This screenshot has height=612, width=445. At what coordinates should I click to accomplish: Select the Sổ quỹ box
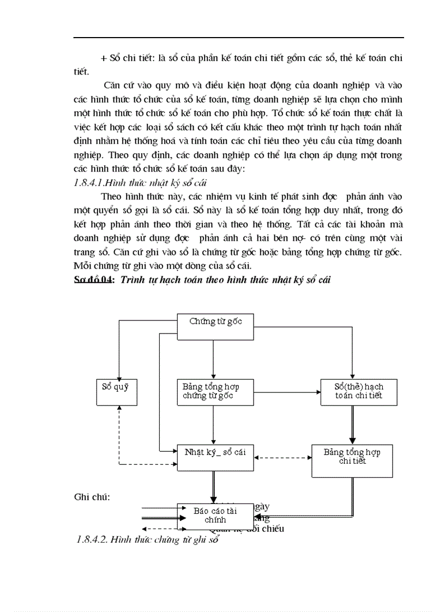tap(116, 391)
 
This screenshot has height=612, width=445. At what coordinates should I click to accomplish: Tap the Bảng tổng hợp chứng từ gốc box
tap(215, 391)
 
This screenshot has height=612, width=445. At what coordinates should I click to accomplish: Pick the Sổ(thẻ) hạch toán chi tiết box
tap(358, 391)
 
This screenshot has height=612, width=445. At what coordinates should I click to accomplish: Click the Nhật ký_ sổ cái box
tap(215, 457)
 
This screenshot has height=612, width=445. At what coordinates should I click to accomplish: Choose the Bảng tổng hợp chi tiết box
tap(352, 461)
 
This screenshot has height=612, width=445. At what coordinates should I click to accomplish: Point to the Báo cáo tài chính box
tap(215, 516)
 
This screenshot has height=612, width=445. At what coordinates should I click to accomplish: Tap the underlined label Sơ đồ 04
tap(94, 280)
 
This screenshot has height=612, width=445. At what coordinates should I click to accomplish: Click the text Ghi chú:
tap(92, 497)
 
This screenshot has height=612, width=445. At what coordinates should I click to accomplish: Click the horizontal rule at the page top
tap(238, 38)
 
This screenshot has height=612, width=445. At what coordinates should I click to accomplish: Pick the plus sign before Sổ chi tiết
tap(104, 58)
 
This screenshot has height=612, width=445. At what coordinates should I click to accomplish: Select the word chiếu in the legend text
tap(273, 529)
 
